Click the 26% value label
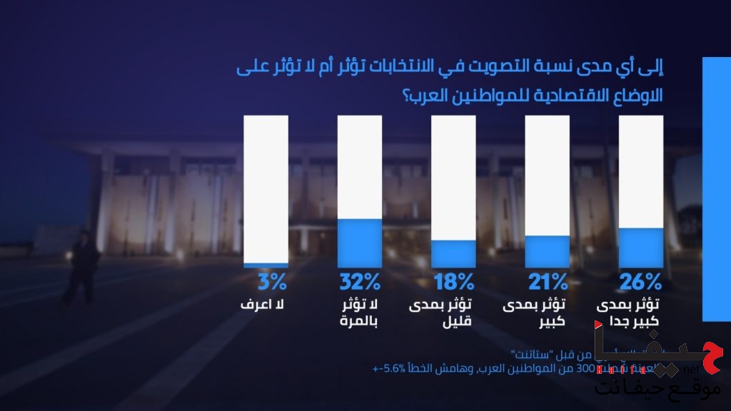[640, 282]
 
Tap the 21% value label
[547, 282]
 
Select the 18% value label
[453, 282]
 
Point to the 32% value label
[360, 282]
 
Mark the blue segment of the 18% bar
[453, 253]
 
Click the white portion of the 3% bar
[266, 189]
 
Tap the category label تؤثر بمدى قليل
[452, 313]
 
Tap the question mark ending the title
[411, 94]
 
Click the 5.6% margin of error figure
[395, 368]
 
